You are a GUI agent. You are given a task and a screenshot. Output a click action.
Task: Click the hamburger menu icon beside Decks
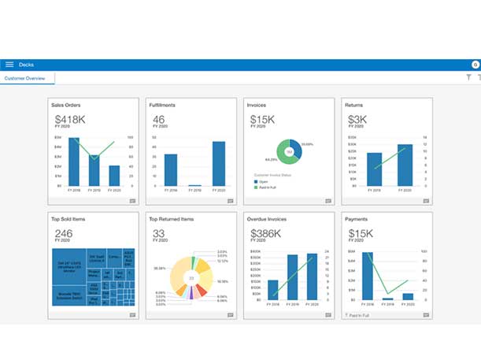[9, 65]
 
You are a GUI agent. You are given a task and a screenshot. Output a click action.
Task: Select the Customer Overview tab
[25, 79]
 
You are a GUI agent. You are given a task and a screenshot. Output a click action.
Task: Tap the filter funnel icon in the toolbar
[468, 78]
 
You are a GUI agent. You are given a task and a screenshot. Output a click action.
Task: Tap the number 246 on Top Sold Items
[62, 233]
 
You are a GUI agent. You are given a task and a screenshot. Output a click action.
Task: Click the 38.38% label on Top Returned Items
[160, 268]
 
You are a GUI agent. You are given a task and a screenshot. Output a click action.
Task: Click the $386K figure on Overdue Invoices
[265, 233]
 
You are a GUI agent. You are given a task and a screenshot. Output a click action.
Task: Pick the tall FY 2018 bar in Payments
[368, 276]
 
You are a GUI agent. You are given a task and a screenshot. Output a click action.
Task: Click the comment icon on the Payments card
[426, 314]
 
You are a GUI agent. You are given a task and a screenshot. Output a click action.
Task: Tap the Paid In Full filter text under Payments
[360, 314]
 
